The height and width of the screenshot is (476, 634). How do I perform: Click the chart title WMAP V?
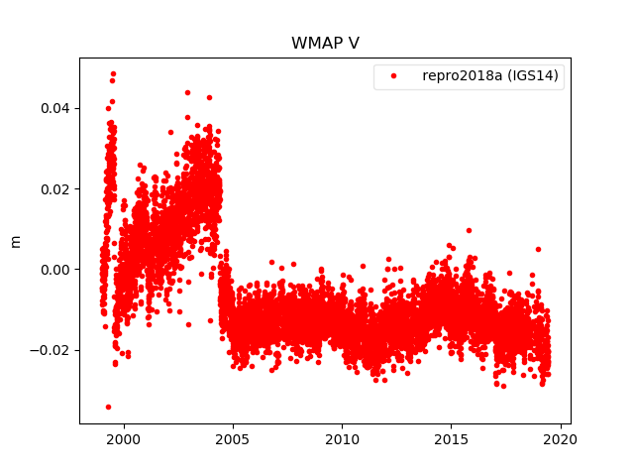click(x=317, y=44)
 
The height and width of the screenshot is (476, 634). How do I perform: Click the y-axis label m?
click(x=15, y=241)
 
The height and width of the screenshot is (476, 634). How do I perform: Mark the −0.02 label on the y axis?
click(x=49, y=350)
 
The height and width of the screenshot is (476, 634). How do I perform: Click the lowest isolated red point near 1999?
click(x=108, y=407)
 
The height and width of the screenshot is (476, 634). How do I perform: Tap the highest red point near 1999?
click(x=113, y=73)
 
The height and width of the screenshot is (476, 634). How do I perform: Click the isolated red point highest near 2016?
click(x=469, y=230)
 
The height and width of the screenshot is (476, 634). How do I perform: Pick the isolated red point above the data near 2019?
click(x=538, y=249)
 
